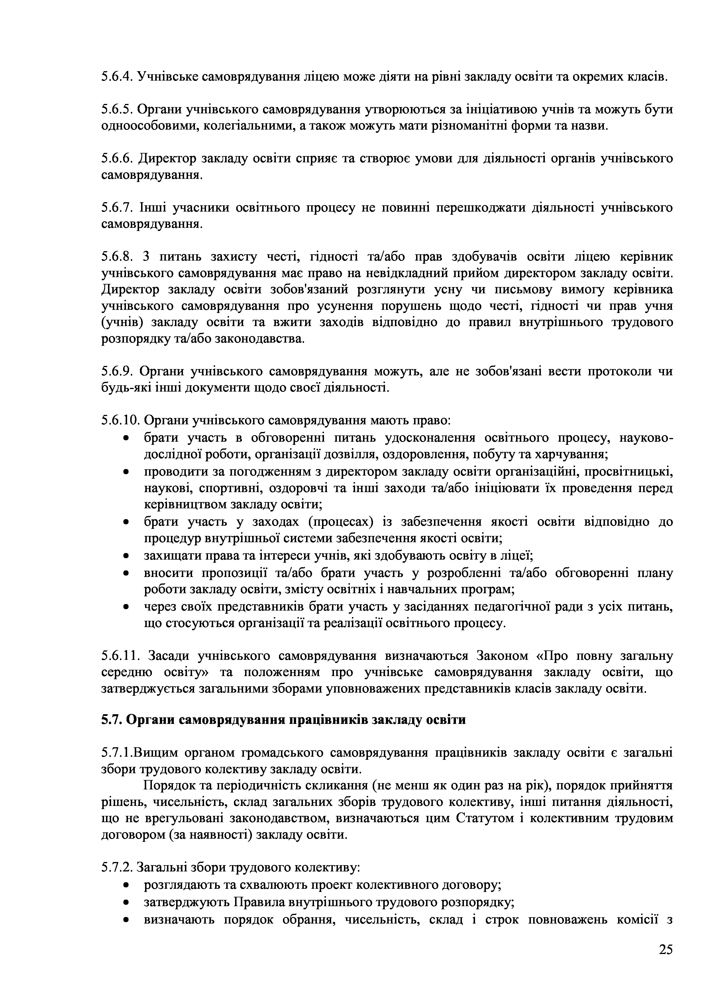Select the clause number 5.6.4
(x=117, y=77)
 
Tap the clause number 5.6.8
(x=117, y=257)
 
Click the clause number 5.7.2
(x=117, y=868)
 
